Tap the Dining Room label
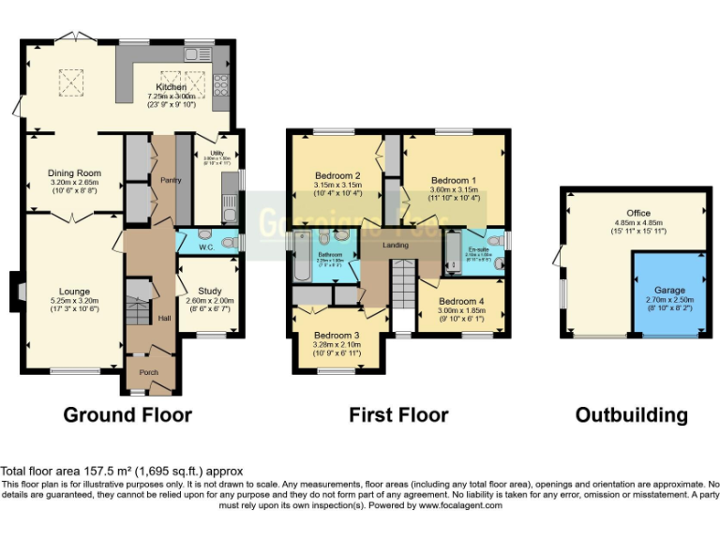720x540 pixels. [x=74, y=172]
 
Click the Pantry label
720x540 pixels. [x=170, y=180]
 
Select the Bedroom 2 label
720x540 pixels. [x=337, y=175]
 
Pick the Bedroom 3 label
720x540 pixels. [x=337, y=336]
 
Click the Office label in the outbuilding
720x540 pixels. [x=638, y=214]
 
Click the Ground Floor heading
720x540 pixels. [x=127, y=413]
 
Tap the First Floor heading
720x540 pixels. [x=398, y=413]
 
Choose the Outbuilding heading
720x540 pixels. [x=631, y=414]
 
